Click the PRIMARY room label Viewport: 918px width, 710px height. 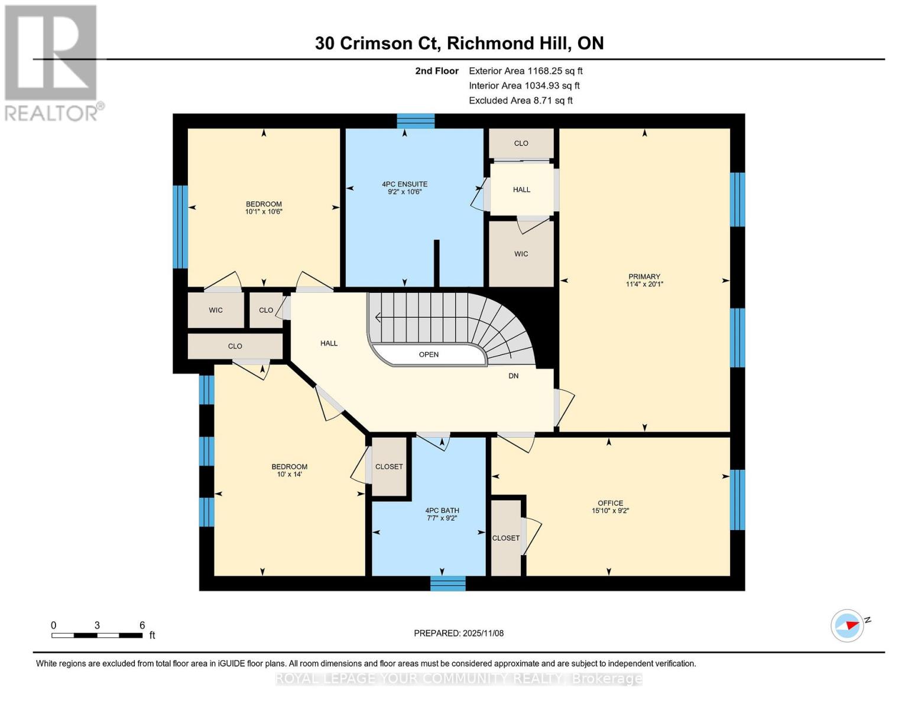(x=644, y=276)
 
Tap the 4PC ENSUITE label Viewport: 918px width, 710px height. (x=404, y=184)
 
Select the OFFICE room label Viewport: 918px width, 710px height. (x=610, y=503)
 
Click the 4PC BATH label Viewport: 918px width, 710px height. (x=442, y=510)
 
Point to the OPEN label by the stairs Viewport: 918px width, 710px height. (x=429, y=354)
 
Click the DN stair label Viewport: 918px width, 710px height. (x=513, y=376)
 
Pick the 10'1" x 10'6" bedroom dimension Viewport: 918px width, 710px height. (x=264, y=211)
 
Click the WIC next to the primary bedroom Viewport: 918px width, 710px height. (x=521, y=254)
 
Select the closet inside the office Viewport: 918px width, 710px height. (x=506, y=538)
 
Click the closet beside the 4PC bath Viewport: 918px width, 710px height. (x=389, y=466)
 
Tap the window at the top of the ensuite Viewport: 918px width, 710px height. (x=416, y=121)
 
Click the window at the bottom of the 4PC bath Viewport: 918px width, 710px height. (x=447, y=583)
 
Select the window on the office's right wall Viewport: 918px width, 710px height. (x=737, y=500)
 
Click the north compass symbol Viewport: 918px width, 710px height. (x=848, y=625)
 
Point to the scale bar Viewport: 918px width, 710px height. (x=97, y=635)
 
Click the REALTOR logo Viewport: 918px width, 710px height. (x=52, y=62)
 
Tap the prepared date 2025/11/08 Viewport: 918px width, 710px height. (x=459, y=633)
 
